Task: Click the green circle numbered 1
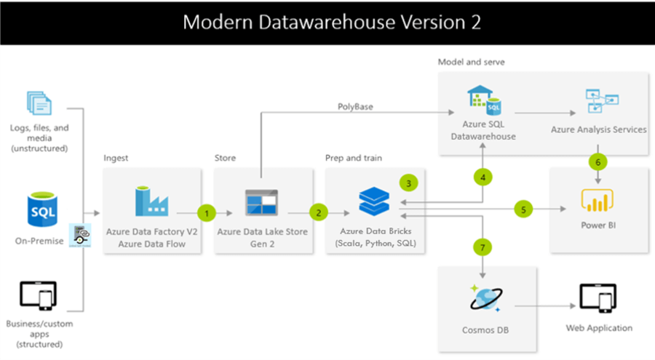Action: pos(207,213)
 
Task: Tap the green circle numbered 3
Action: pos(409,182)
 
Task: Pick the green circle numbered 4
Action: pos(482,177)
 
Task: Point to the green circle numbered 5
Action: pos(523,209)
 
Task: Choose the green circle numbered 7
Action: pos(482,247)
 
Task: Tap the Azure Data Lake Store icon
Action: pos(261,202)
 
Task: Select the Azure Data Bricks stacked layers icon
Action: pos(375,199)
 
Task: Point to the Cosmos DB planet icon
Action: pos(487,299)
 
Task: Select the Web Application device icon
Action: pos(598,298)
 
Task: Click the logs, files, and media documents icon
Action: pos(39,103)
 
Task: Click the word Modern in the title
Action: pos(216,22)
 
